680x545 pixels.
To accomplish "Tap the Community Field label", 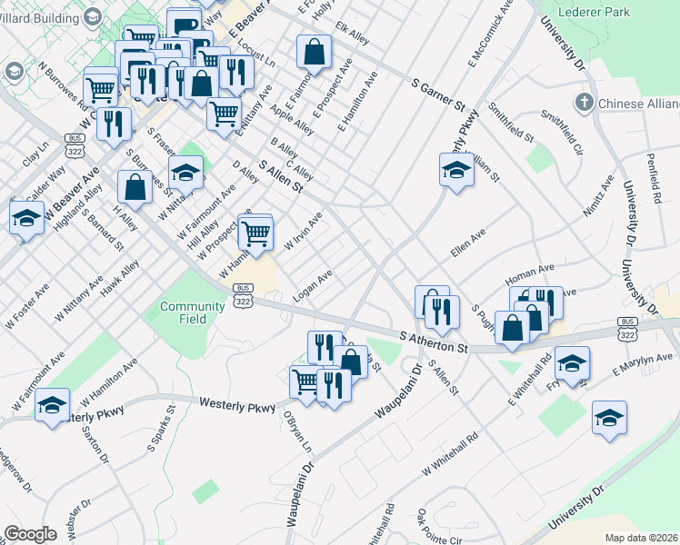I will (192, 312).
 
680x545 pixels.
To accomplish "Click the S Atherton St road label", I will (435, 342).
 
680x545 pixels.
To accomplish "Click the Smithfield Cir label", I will (561, 133).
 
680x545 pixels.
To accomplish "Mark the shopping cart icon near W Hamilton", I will (256, 233).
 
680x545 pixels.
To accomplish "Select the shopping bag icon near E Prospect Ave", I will (314, 53).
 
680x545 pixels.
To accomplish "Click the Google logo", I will (30, 534).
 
